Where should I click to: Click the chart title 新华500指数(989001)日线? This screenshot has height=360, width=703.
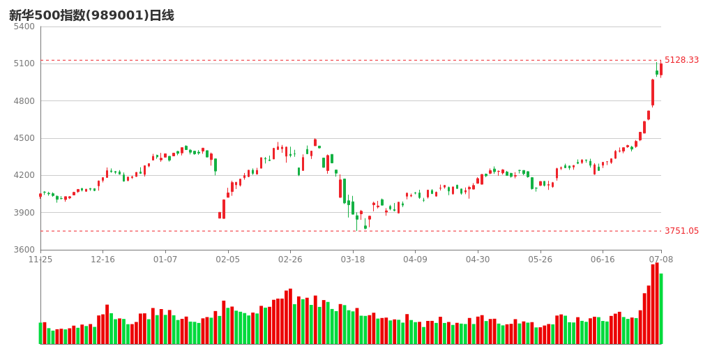pos(91,15)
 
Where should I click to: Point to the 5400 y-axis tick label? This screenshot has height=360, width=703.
pos(24,27)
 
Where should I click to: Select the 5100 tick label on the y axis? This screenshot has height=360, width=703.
pos(24,63)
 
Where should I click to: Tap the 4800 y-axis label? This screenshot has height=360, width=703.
pos(24,101)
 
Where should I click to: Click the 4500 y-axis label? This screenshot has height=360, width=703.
pos(24,138)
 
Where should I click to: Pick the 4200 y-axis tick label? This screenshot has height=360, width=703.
pos(24,175)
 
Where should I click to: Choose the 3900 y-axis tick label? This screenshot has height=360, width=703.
pos(24,213)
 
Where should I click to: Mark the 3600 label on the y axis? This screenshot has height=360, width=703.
pos(24,250)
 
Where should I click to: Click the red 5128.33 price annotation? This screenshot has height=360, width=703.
pos(681,60)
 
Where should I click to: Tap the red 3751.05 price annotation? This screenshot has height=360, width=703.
pos(681,231)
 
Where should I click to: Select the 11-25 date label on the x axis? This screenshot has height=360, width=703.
pos(40,260)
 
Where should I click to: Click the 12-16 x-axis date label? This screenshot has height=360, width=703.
pos(103,260)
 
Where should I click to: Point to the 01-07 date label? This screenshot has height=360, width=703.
pos(165,260)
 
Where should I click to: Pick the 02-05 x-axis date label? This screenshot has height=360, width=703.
pos(228,260)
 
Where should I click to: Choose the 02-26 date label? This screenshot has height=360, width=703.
pos(290,260)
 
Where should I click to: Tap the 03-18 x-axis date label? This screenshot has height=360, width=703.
pos(353,260)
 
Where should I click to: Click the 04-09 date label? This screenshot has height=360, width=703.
pos(415,260)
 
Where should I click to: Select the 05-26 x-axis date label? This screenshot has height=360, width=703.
pos(541,260)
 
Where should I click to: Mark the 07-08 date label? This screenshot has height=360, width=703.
pos(660,260)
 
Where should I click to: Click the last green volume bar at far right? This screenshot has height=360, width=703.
pos(661,308)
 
